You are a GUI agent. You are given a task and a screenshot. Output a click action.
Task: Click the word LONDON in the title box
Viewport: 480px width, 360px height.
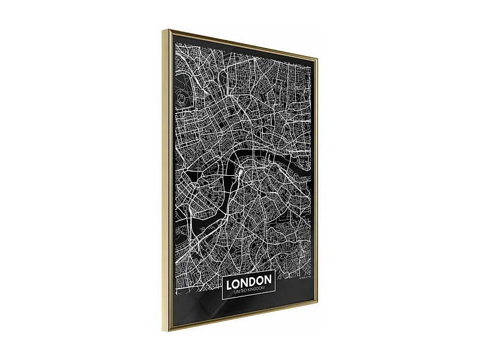click(248, 281)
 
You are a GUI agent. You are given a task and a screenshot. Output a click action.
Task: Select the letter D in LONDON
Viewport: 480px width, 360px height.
click(252, 281)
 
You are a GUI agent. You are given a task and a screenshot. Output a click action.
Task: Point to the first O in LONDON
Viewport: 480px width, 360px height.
click(236, 281)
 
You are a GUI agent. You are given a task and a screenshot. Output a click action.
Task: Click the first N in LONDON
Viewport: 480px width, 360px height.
click(244, 281)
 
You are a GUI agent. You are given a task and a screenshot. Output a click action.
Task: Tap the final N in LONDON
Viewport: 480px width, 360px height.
click(268, 281)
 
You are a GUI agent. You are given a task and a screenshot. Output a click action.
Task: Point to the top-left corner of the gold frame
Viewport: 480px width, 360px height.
click(163, 29)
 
